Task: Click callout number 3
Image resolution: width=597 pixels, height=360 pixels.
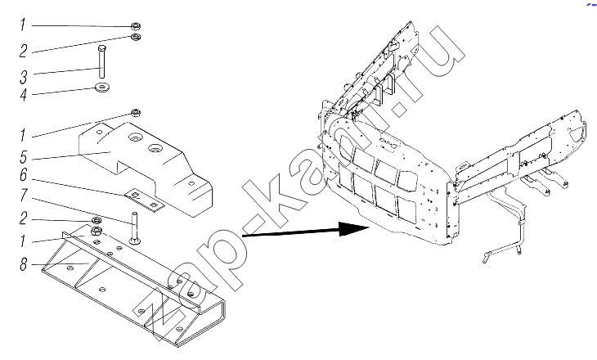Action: (24, 78)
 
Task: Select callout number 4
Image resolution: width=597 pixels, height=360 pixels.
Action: (24, 94)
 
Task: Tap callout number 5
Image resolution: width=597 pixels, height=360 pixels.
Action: (24, 156)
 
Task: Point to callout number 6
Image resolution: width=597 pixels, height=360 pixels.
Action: (24, 175)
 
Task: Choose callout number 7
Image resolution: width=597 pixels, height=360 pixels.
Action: (24, 196)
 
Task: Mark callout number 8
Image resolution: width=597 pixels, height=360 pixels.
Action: (24, 263)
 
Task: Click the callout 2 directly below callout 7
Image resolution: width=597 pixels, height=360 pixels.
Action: (24, 218)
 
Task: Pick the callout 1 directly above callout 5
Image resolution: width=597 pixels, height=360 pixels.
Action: (23, 135)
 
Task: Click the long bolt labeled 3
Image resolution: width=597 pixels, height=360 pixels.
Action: (101, 61)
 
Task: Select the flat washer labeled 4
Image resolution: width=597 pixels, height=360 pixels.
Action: (102, 88)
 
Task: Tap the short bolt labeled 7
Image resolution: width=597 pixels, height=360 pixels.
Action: (134, 228)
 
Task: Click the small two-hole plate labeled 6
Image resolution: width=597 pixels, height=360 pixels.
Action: (145, 200)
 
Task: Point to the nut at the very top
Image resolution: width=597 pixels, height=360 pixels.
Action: (136, 26)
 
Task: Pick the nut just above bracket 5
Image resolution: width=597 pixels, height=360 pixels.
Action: (136, 113)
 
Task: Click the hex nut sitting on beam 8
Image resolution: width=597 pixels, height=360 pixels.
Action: (97, 231)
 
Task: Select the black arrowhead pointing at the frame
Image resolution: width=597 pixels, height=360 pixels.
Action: (354, 228)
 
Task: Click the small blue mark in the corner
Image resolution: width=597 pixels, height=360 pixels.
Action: (591, 3)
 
